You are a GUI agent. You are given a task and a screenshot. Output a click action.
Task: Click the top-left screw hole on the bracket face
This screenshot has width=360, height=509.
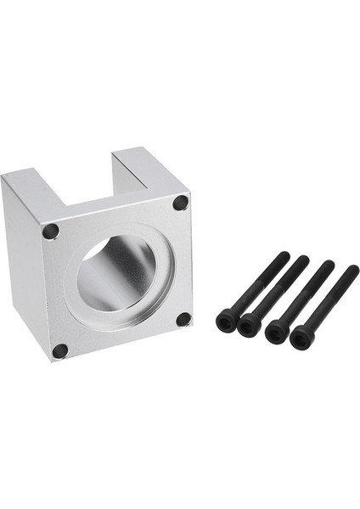point(50,231)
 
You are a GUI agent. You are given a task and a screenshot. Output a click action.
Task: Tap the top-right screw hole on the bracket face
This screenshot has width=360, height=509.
point(180,203)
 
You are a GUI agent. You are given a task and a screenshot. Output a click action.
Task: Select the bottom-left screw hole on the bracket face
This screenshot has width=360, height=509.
point(59,350)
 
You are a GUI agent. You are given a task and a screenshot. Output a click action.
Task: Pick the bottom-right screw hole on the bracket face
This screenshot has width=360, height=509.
point(183,320)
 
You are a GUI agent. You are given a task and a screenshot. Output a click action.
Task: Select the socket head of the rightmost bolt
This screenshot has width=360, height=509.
point(301,338)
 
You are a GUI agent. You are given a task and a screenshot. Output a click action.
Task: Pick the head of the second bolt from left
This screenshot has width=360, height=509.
point(250,326)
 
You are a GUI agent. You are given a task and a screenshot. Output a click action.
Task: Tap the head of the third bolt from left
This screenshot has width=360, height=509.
point(276,332)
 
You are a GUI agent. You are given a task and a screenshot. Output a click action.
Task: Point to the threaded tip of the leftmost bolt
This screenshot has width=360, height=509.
point(284,256)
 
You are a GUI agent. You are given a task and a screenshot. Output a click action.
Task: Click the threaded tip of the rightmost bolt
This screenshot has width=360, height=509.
point(353,271)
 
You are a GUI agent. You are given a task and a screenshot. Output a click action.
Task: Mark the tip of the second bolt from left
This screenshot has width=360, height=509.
point(305,260)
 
